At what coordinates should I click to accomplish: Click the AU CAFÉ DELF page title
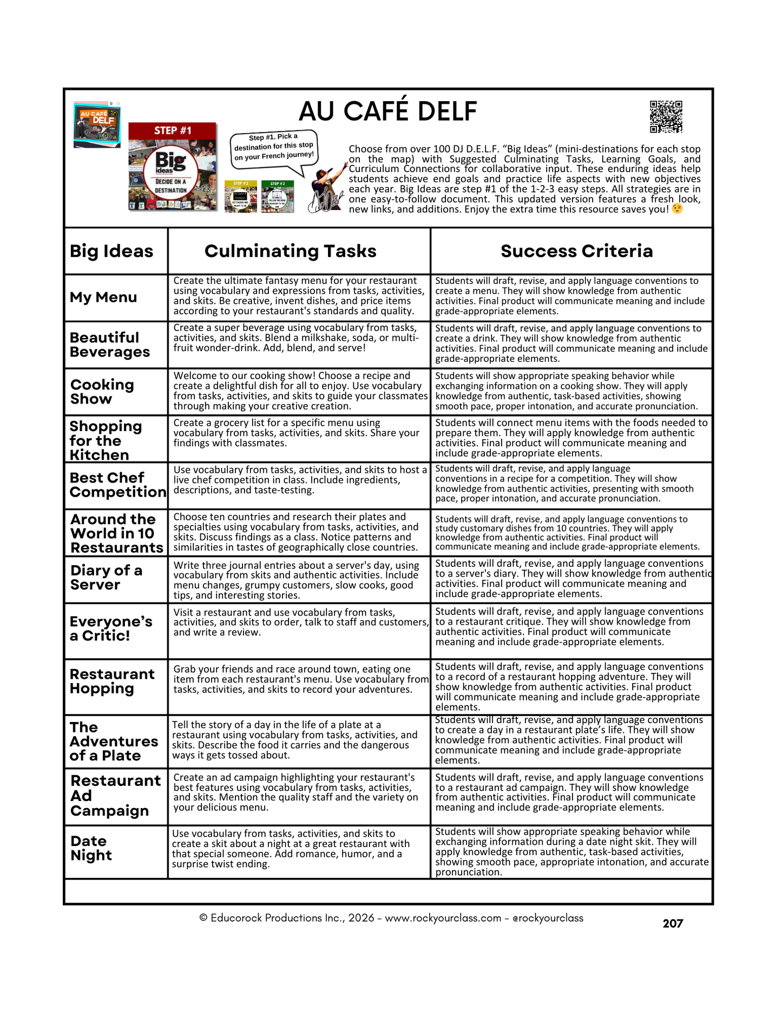[387, 111]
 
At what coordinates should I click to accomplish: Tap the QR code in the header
[666, 116]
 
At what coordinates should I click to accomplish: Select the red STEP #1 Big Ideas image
[172, 167]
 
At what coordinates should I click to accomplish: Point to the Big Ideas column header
[111, 251]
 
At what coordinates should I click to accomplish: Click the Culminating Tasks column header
[290, 251]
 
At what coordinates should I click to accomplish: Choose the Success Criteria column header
[576, 251]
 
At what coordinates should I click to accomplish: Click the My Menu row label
[103, 297]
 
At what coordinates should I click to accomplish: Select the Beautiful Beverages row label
[110, 345]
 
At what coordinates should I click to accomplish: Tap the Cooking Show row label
[102, 392]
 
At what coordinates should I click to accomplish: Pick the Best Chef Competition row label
[117, 485]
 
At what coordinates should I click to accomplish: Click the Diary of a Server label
[106, 577]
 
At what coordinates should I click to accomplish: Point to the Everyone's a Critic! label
[111, 629]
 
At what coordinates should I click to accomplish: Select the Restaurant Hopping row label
[112, 681]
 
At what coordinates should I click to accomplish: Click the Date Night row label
[91, 848]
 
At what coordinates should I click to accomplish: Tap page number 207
[673, 923]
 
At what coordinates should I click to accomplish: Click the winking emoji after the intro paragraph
[677, 209]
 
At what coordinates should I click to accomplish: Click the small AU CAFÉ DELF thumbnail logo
[97, 125]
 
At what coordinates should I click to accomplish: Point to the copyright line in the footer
[391, 918]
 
